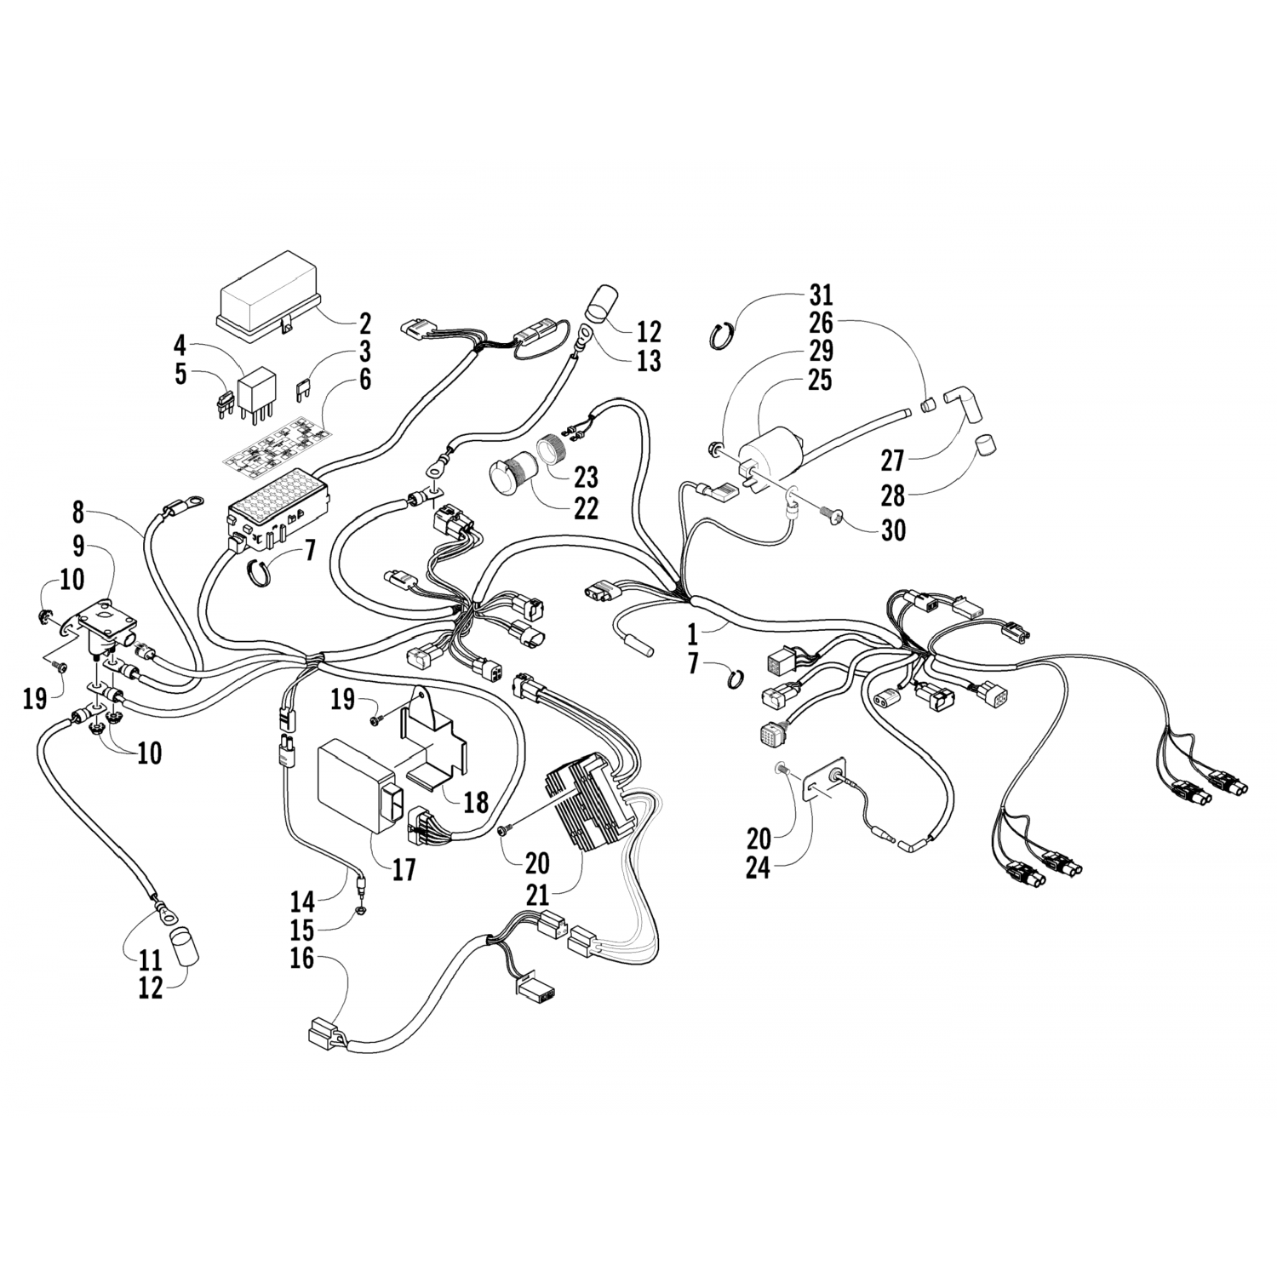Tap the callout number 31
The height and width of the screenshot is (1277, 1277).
click(x=822, y=296)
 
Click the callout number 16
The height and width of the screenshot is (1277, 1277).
click(x=302, y=959)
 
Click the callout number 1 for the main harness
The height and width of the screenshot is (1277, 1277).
click(x=691, y=633)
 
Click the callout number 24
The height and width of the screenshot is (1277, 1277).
click(x=757, y=869)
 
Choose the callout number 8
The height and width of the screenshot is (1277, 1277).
click(x=78, y=513)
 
